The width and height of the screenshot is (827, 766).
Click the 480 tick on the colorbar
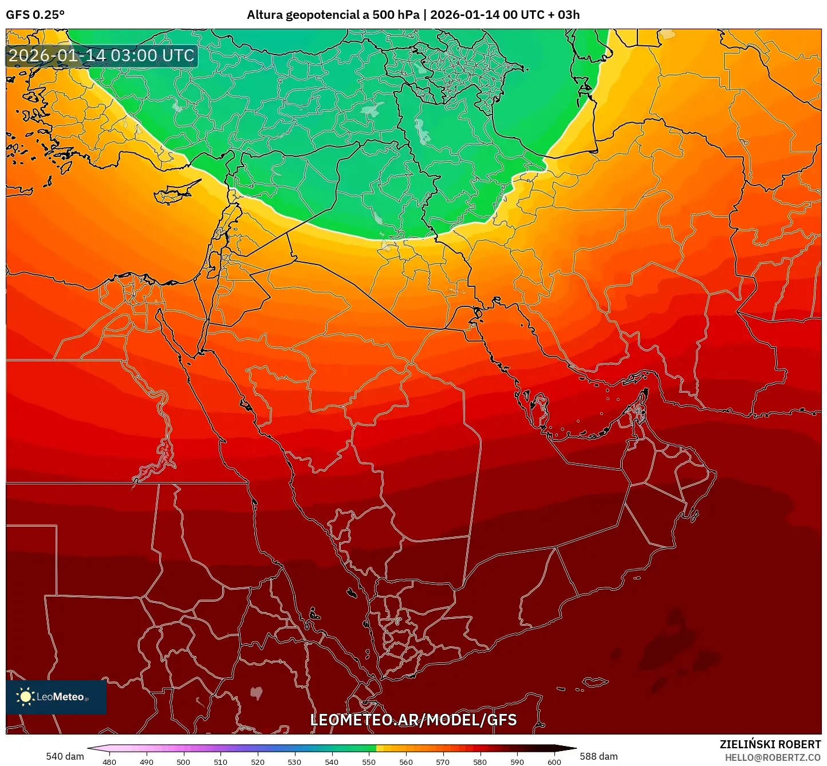[x=109, y=761]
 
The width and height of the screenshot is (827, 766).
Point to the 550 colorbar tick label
[x=369, y=761]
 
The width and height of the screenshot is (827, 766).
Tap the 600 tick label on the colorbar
[x=554, y=761]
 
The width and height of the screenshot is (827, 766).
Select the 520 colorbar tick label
[x=258, y=761]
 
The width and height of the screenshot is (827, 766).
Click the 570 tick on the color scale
[x=443, y=761]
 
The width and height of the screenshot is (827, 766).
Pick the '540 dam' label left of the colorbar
[x=65, y=756]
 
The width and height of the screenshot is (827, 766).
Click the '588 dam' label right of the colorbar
[x=598, y=756]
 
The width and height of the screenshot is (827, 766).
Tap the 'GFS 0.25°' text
[x=35, y=15]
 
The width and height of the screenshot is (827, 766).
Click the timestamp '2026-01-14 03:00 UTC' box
[x=101, y=56]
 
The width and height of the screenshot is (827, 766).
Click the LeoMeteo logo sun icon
[x=25, y=696]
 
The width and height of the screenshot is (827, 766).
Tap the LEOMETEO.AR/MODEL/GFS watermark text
[x=413, y=720]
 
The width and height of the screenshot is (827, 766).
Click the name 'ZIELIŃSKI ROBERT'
[x=770, y=744]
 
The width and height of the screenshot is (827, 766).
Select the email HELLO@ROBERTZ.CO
[x=773, y=757]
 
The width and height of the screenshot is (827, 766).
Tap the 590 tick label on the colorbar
[x=517, y=761]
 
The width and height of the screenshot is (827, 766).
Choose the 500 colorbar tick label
[x=183, y=761]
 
